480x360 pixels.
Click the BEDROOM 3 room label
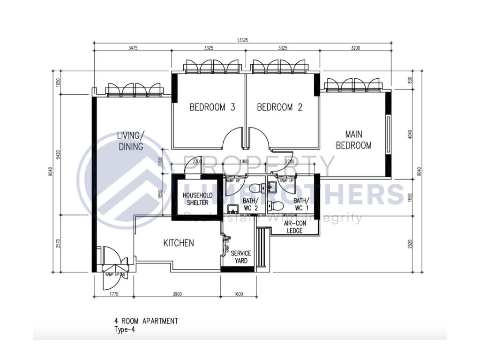tap(212, 107)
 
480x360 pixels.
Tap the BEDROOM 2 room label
tap(279, 107)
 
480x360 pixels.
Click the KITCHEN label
tap(178, 243)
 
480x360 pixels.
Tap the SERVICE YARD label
tap(241, 257)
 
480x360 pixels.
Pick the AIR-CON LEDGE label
tap(294, 227)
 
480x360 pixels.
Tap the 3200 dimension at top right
tap(355, 48)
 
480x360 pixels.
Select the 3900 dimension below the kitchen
tap(177, 294)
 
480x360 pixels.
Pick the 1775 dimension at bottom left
tap(114, 294)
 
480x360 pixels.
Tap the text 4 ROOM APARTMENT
tap(146, 321)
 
